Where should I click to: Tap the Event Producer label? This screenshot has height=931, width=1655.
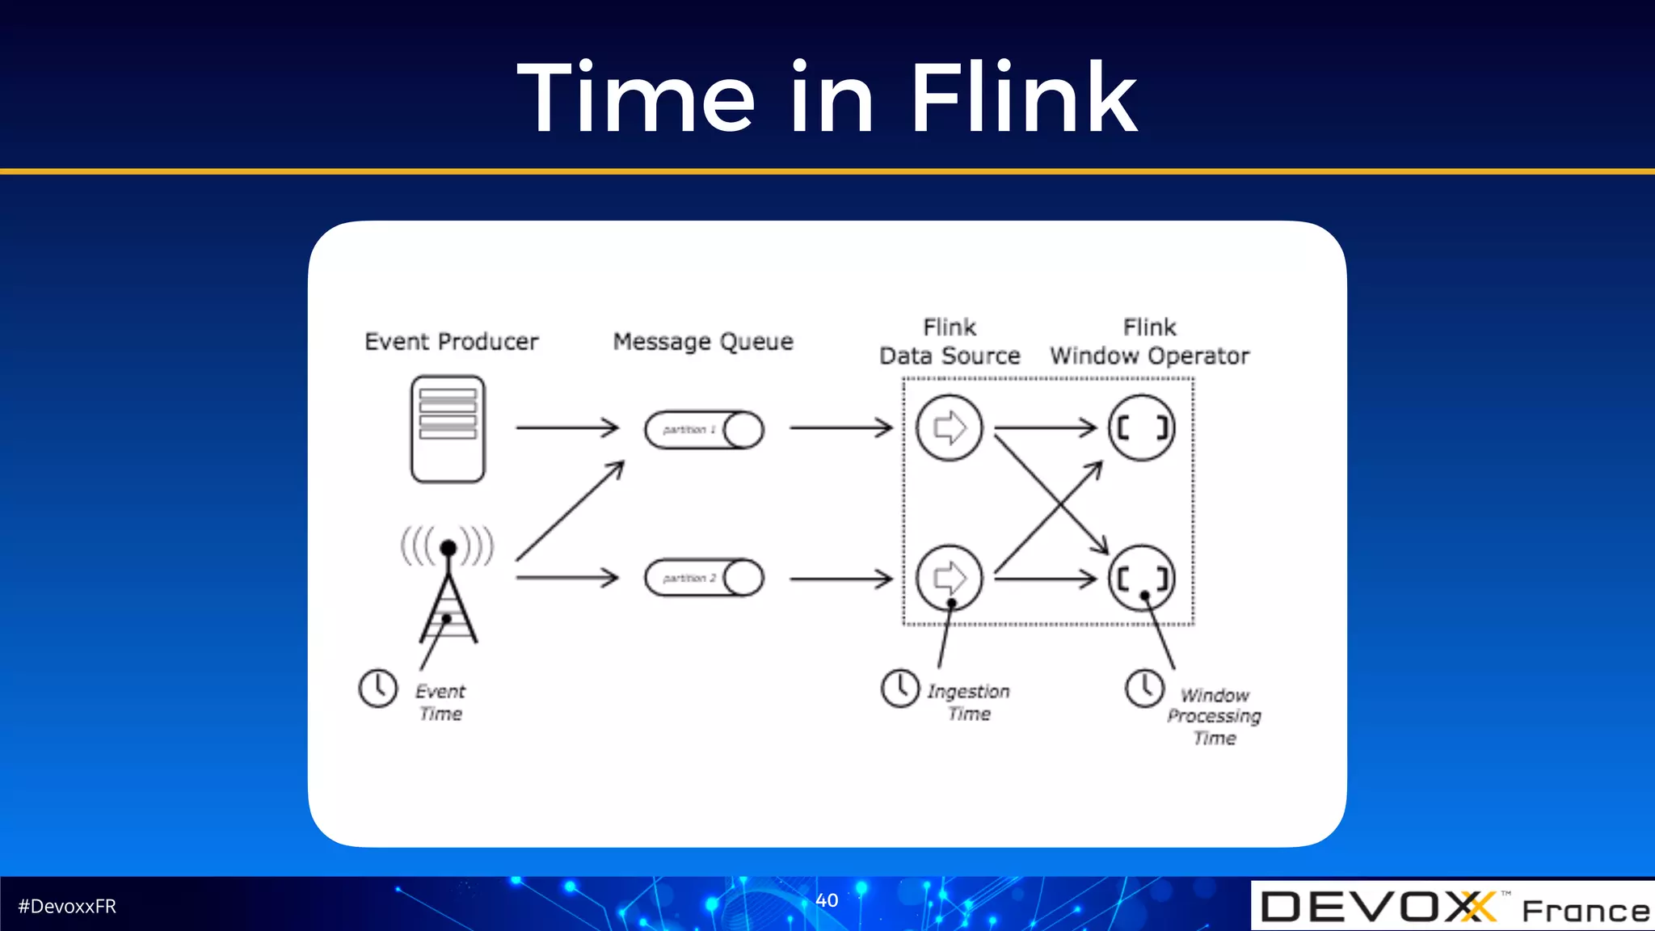coord(451,342)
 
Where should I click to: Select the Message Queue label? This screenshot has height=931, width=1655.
coord(703,342)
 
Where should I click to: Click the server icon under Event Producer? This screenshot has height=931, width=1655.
coord(448,429)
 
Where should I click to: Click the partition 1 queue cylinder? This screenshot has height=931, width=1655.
coord(704,430)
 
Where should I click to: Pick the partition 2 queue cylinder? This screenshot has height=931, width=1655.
coord(704,578)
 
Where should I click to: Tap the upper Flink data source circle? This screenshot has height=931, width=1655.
coord(949,428)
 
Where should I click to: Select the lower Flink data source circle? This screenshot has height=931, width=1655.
coord(949,577)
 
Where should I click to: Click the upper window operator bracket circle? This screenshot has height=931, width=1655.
coord(1141,428)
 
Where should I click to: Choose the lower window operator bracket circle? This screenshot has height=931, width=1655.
coord(1141,577)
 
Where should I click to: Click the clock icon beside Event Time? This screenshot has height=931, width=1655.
coord(377,689)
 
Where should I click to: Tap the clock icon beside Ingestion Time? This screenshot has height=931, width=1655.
coord(900,689)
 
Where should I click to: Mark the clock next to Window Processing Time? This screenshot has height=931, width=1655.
coord(1144,689)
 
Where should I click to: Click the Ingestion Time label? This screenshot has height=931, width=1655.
coord(968,702)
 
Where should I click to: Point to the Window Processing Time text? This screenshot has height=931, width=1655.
coord(1214,716)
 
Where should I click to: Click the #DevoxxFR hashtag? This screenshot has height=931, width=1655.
coord(67,907)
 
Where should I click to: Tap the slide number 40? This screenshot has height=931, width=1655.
coord(827,900)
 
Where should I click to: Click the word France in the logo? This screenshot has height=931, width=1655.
coord(1586,911)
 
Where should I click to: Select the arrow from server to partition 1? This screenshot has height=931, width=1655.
coord(567,428)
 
